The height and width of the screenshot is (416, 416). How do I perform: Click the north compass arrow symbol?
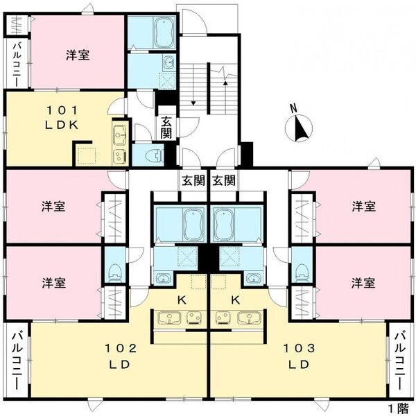tap(300, 127)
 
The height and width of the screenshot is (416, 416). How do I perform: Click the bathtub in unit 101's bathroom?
tap(164, 32)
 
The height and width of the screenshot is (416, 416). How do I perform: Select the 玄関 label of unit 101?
tap(166, 128)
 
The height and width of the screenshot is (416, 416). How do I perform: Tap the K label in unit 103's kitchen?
tap(236, 300)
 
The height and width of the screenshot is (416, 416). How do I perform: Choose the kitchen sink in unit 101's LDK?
tap(119, 132)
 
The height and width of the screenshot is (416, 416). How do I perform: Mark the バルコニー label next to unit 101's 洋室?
tap(15, 64)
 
